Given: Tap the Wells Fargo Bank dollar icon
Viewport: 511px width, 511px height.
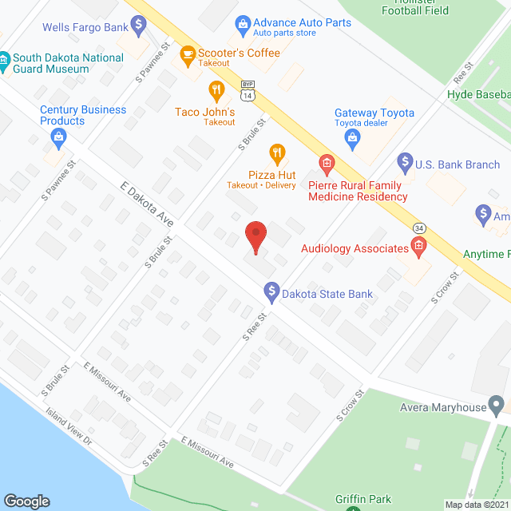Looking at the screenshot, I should tap(139, 26).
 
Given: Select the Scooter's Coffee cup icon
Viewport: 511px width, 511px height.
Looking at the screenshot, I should tap(188, 54).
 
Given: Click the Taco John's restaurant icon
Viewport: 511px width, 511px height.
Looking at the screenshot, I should tap(216, 89).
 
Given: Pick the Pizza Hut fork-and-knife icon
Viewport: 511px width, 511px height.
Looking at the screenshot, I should tap(277, 152).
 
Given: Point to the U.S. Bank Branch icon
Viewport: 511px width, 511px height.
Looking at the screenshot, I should tap(404, 165).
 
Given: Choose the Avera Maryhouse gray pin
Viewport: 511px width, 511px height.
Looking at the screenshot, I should tap(497, 402).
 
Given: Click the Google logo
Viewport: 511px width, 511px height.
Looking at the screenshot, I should tap(26, 501).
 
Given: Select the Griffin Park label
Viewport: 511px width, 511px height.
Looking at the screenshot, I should tap(363, 500).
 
